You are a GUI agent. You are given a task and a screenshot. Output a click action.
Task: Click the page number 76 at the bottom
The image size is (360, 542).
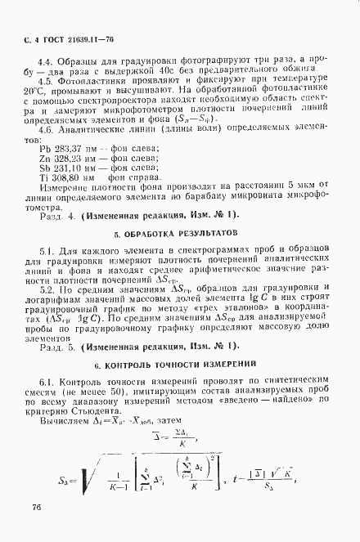click(37, 507)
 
